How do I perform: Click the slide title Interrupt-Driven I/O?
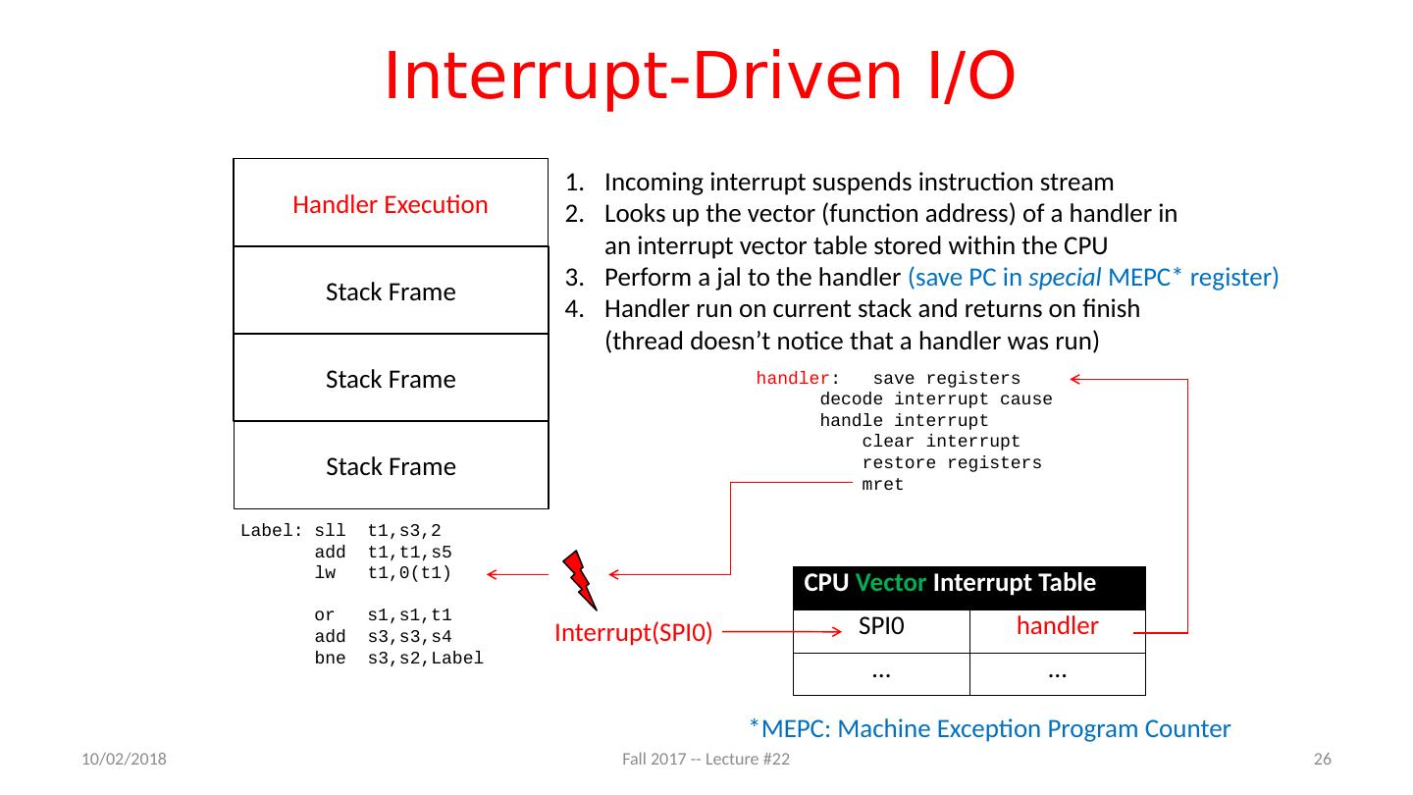699,76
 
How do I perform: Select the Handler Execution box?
391,204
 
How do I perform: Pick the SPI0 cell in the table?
881,626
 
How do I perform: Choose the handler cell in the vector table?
1057,626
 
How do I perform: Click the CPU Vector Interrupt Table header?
949,584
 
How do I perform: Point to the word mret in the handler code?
882,485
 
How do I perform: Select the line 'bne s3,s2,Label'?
398,659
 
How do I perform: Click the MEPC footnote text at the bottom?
989,728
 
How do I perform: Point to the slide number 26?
1322,760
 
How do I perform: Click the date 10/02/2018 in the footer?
124,760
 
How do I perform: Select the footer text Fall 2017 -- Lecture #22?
706,760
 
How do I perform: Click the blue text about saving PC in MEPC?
1093,277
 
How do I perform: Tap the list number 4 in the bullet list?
574,308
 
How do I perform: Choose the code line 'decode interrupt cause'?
935,399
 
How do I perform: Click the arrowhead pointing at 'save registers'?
1075,379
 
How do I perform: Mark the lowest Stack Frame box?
391,466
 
